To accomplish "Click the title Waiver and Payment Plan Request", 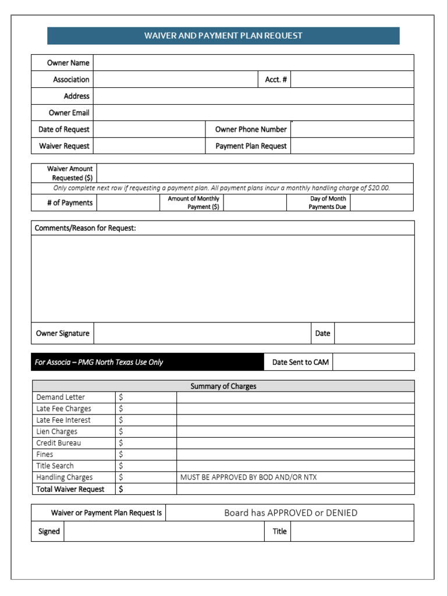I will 223,36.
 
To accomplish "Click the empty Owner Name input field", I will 253,63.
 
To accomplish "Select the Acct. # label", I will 275,80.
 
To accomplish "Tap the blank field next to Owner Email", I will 253,113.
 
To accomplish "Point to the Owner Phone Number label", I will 250,129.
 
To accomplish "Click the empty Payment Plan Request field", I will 352,146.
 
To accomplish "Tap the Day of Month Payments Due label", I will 328,203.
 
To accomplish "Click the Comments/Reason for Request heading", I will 85,228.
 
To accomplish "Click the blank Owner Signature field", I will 202,334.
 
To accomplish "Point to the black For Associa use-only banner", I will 147,362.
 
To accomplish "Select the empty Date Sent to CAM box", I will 373,362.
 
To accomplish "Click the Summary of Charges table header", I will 223,386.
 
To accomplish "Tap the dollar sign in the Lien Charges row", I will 121,431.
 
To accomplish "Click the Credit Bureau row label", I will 59,443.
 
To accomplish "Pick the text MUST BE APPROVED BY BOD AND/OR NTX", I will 249,477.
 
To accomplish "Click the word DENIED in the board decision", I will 340,513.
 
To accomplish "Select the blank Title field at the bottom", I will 352,531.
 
